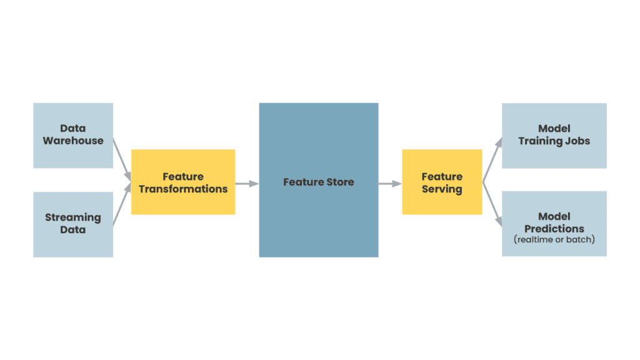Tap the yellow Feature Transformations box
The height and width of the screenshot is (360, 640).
click(x=183, y=182)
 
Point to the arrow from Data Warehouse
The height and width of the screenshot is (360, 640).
click(x=122, y=157)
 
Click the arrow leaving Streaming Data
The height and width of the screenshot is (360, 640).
click(x=122, y=206)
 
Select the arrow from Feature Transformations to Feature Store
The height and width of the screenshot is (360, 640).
click(x=247, y=183)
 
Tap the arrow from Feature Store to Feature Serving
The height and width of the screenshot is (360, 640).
click(x=390, y=183)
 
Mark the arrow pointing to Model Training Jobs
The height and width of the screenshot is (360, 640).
click(x=492, y=160)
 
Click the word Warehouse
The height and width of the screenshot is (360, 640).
click(x=73, y=141)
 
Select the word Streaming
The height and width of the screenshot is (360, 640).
click(x=73, y=217)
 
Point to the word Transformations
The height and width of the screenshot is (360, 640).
click(x=183, y=189)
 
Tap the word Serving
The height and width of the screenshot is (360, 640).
click(x=442, y=189)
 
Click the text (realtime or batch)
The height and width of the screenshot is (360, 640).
click(x=554, y=239)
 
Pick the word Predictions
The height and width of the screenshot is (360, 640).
click(x=554, y=229)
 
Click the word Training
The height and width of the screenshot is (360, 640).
click(x=540, y=141)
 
